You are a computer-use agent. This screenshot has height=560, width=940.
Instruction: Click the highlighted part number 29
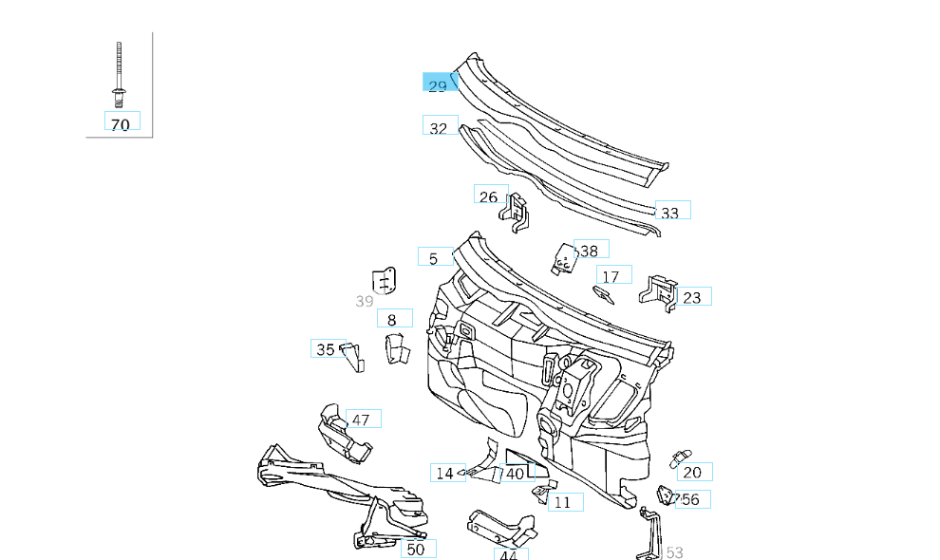pos(438,85)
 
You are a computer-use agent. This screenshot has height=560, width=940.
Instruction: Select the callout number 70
pos(121,123)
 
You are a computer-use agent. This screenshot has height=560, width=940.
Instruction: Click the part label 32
pos(439,127)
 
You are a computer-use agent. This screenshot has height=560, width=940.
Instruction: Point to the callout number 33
pos(670,212)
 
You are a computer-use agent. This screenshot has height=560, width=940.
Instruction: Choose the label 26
pos(489,196)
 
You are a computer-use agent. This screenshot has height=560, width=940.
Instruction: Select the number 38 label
pos(590,251)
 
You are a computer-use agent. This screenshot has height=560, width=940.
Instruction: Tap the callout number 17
pos(611,276)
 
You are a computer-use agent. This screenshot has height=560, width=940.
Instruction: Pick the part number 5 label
pos(434,258)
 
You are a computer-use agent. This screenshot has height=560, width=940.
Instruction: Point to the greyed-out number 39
pos(365,301)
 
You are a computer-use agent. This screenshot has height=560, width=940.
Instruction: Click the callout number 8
pos(393,320)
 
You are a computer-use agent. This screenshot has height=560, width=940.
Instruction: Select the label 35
pos(326,349)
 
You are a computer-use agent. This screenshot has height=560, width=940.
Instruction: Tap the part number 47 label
pos(361,420)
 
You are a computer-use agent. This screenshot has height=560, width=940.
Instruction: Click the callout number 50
pos(417,549)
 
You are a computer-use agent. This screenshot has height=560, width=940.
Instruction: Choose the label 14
pos(444,473)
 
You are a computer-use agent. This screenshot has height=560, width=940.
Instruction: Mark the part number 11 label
pos(563,502)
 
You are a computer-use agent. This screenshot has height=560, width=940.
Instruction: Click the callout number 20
pos(692,472)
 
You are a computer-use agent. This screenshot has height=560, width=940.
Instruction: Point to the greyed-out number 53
pos(675,551)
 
